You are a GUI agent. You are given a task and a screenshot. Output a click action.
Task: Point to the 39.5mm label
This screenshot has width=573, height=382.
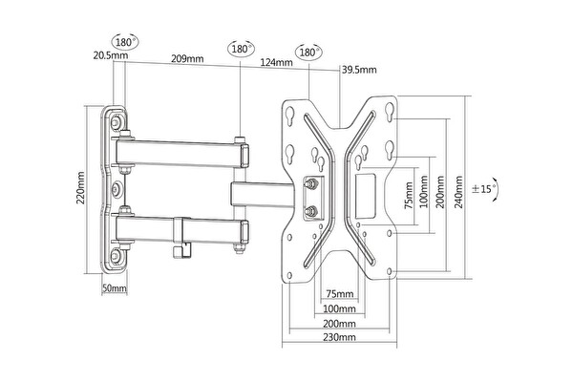click(x=360, y=69)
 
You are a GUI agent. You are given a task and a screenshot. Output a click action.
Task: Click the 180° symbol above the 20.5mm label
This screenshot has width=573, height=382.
click(x=123, y=42)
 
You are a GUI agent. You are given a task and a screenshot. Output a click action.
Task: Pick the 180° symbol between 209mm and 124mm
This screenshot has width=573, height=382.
click(x=240, y=49)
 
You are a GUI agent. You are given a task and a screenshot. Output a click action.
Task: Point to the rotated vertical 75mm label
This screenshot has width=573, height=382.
click(x=409, y=198)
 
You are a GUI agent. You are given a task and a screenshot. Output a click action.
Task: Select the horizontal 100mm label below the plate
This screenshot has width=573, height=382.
click(x=335, y=309)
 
